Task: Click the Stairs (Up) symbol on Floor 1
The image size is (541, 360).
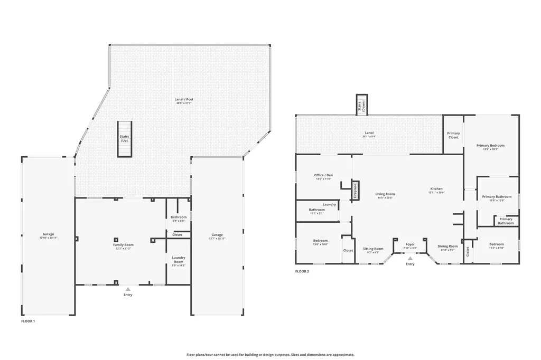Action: point(123,139)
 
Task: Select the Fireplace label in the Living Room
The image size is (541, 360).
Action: point(356,191)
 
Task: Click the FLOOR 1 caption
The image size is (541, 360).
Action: point(28,321)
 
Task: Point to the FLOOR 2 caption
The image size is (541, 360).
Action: point(302,271)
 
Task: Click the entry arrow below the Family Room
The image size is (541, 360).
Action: point(128,289)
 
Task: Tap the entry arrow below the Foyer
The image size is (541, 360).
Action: point(410,259)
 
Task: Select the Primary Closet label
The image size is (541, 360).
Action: point(453,135)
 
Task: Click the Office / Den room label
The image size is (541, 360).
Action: point(323,175)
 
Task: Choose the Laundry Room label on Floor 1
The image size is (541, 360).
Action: point(179,260)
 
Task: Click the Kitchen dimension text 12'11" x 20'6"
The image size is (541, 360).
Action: point(436,193)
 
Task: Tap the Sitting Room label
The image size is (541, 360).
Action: point(373,249)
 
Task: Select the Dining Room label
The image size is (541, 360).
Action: point(447,246)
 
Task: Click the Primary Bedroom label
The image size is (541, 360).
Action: point(490,145)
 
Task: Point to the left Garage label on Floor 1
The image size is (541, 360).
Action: point(49,234)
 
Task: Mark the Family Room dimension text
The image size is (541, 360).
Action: point(123,249)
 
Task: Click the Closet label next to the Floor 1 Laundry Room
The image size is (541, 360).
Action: point(178,235)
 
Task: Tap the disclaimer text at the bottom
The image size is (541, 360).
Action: point(270,355)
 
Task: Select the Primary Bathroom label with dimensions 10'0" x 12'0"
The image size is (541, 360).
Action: point(497,197)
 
